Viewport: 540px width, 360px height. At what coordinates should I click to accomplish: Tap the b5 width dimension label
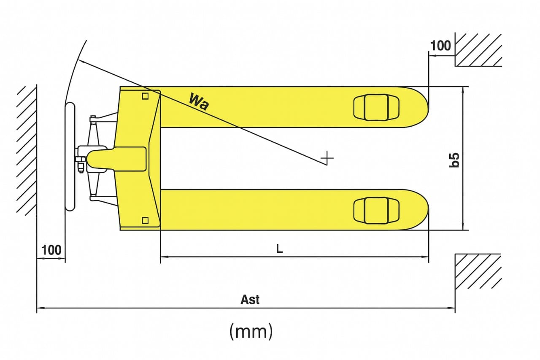(x=454, y=160)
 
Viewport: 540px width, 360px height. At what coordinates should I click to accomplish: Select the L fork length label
(x=279, y=249)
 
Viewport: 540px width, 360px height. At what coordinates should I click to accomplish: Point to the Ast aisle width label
(x=250, y=300)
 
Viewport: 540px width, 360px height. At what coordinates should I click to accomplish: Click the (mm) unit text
(x=251, y=332)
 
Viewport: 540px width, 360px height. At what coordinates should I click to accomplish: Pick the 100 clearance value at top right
(x=440, y=46)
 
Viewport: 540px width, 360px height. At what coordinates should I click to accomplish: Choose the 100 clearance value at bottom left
(x=51, y=250)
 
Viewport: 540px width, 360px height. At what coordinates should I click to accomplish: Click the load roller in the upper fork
(x=376, y=107)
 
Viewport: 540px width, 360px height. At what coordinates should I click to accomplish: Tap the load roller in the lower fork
(x=376, y=211)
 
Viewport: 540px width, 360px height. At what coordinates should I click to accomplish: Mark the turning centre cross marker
(x=327, y=158)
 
